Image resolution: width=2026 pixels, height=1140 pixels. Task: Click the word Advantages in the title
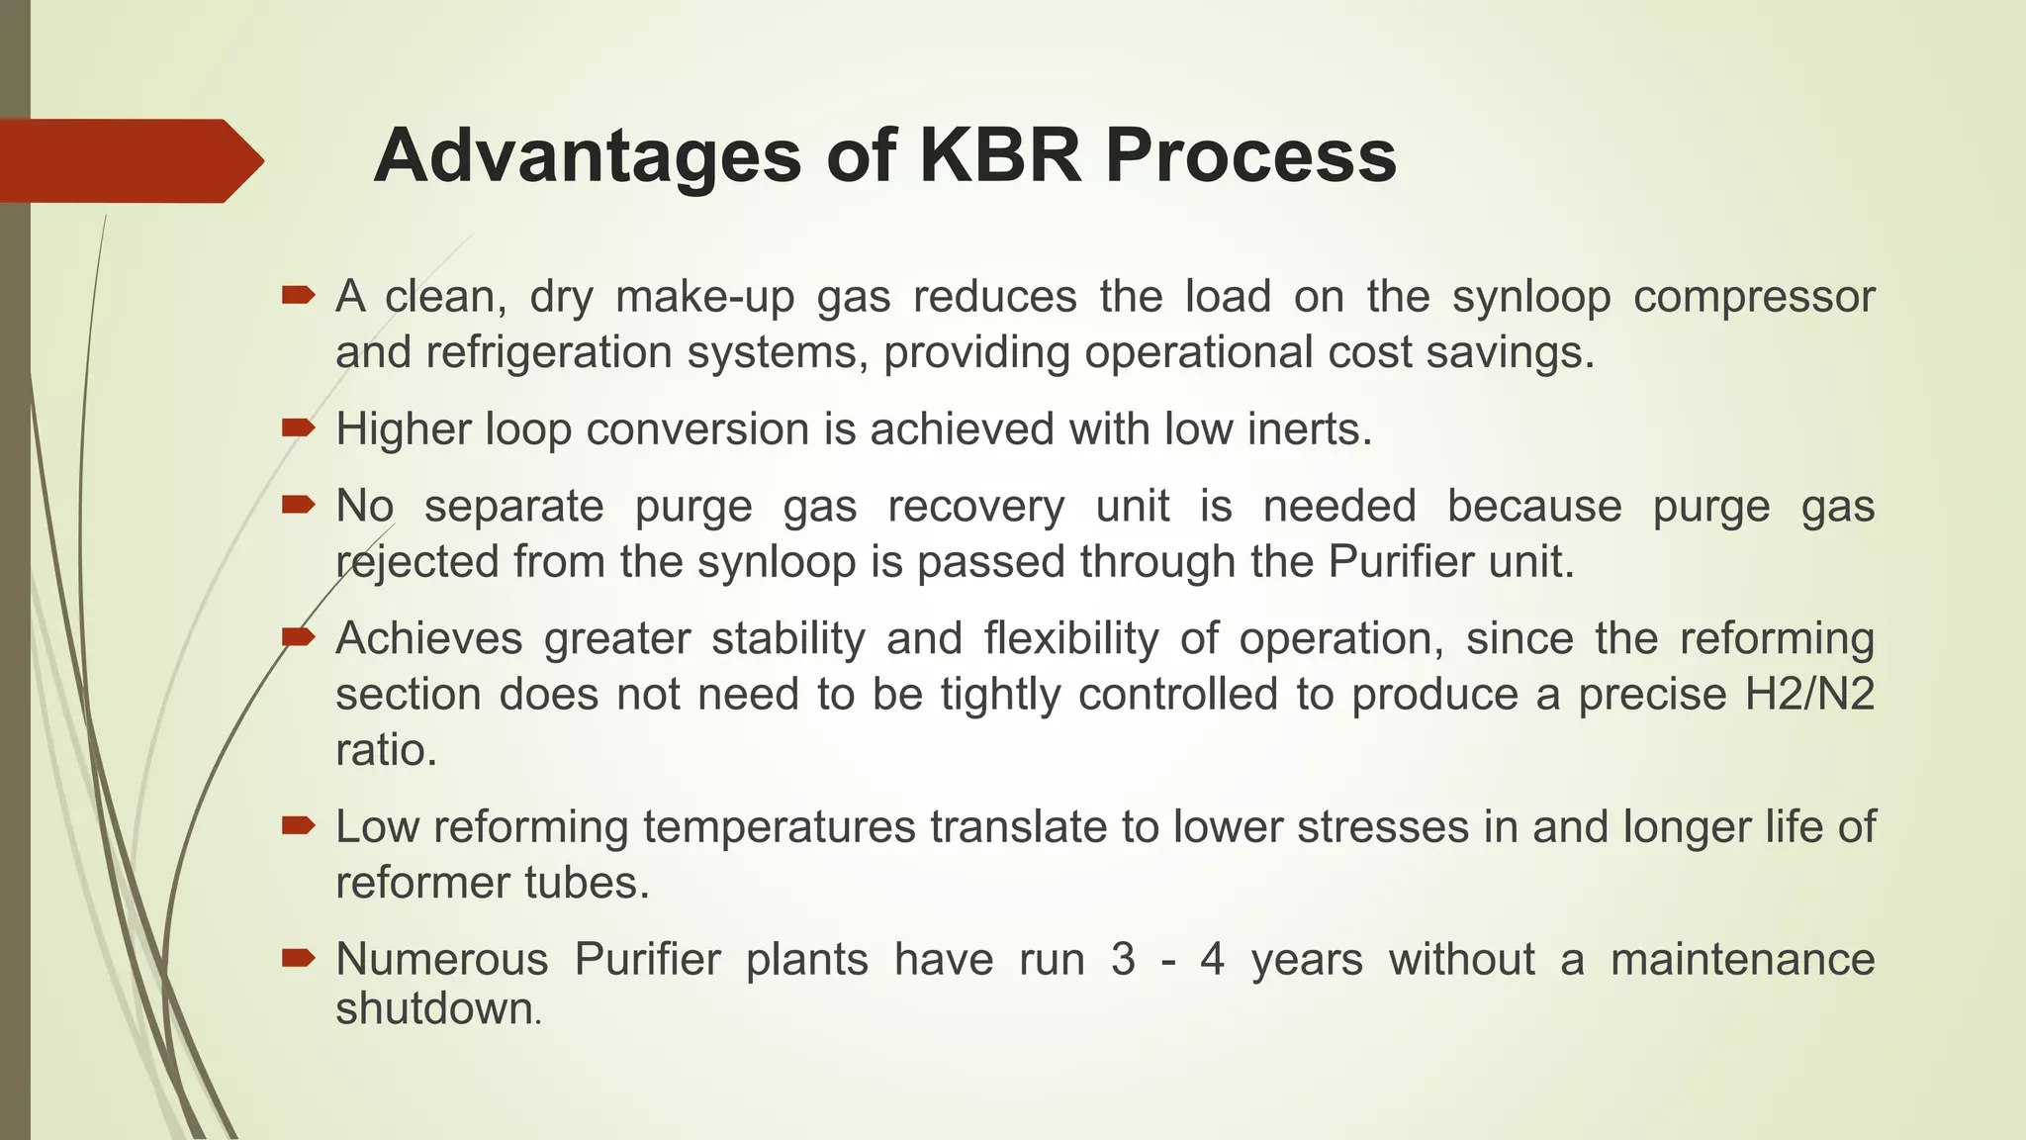click(588, 156)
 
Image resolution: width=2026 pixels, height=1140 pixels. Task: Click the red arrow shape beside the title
click(129, 160)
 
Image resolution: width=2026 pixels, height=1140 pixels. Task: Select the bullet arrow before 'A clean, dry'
click(298, 294)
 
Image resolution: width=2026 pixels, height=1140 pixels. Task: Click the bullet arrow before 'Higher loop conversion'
click(298, 427)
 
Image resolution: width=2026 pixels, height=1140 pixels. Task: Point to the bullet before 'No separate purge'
click(298, 505)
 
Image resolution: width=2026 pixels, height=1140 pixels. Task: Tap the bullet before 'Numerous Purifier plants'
click(298, 957)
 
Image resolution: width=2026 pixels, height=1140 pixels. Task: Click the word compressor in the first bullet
click(1754, 297)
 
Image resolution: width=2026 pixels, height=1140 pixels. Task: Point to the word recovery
click(975, 507)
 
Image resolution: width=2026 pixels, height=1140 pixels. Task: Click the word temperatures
click(780, 827)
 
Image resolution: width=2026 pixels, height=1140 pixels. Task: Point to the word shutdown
click(435, 1009)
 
